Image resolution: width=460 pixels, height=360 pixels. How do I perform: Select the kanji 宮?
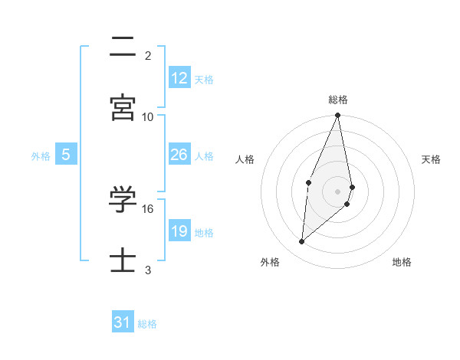tap(123, 108)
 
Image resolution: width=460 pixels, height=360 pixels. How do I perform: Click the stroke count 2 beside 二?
tap(148, 55)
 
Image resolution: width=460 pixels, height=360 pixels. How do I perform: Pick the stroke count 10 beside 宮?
tap(148, 116)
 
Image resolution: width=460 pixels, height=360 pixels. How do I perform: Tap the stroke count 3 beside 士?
tap(148, 270)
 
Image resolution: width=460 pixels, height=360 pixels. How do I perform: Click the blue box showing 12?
tap(179, 78)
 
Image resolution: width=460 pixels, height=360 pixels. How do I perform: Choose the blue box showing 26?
tap(179, 155)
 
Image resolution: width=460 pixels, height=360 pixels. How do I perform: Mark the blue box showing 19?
tap(179, 231)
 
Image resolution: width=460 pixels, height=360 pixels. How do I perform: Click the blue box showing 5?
tap(66, 155)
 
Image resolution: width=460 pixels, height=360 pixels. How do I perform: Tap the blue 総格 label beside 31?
tap(147, 324)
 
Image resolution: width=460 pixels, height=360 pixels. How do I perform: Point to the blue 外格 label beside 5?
tap(41, 156)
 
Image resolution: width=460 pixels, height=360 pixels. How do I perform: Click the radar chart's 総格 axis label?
tap(338, 100)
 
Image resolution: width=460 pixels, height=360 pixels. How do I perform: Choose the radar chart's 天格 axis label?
tap(432, 159)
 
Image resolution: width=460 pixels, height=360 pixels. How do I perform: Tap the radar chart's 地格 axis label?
tap(402, 262)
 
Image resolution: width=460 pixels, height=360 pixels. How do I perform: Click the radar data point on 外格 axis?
tap(302, 242)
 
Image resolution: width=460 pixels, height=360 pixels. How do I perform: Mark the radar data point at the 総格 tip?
tap(338, 116)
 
